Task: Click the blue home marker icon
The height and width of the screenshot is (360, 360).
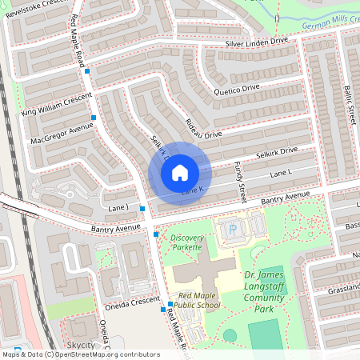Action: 180,172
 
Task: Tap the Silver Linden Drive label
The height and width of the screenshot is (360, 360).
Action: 256,42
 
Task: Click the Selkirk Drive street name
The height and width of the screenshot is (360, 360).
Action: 277,150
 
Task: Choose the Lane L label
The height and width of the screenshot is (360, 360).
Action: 282,173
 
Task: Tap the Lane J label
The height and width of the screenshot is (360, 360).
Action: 117,208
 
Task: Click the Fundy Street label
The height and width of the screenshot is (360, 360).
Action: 238,181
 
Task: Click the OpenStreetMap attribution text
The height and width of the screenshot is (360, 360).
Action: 80,354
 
